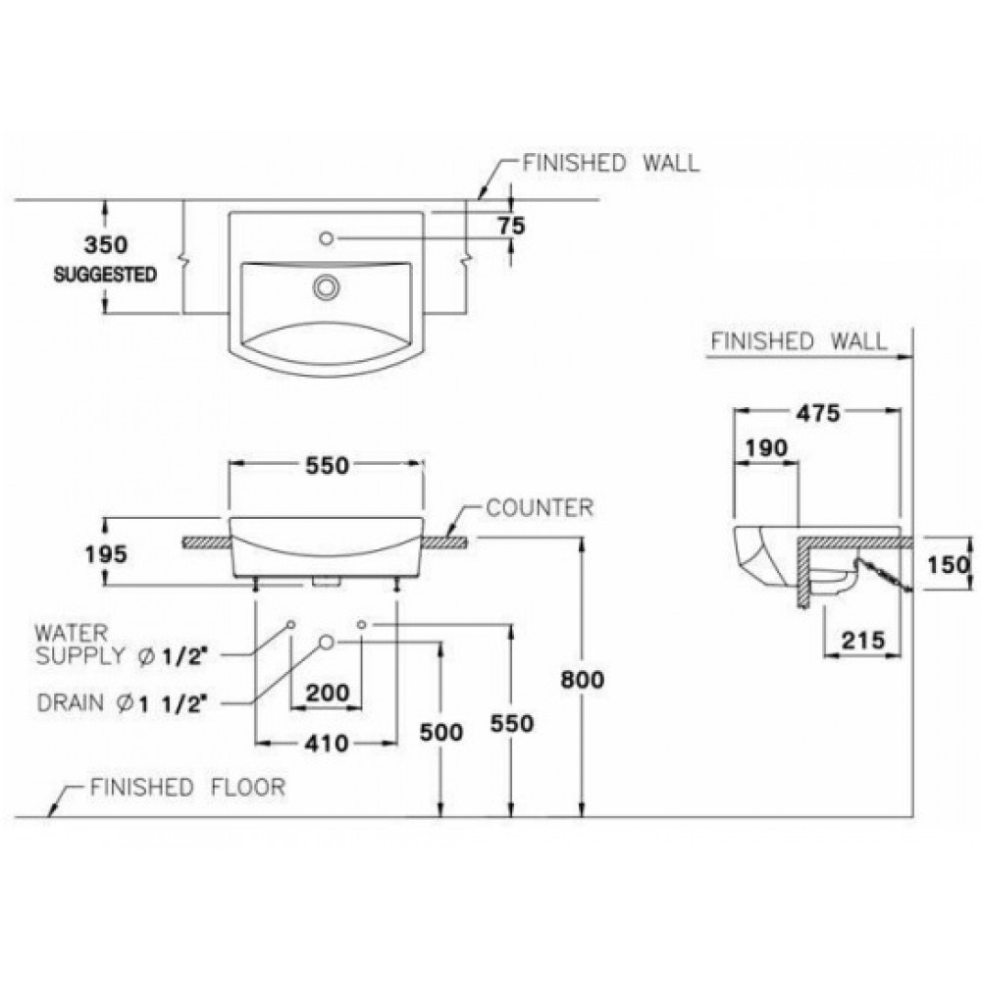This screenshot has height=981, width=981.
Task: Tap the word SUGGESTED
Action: click(105, 275)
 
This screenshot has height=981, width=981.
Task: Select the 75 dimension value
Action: click(510, 226)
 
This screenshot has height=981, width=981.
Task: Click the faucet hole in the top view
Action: click(327, 237)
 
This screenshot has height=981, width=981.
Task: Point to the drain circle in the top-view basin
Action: click(325, 285)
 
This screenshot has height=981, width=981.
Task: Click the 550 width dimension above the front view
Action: click(327, 466)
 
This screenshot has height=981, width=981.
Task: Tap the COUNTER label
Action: click(540, 508)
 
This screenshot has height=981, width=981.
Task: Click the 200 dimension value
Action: click(327, 693)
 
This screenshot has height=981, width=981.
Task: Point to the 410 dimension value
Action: click(327, 744)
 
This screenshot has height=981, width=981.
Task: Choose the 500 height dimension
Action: click(440, 732)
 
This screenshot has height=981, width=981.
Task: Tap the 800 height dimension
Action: click(583, 679)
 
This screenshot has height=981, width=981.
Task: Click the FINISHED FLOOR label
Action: click(186, 787)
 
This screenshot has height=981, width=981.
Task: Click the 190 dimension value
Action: click(767, 448)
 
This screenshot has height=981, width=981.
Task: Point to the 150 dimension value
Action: click(950, 564)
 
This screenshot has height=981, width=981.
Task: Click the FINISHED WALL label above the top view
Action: click(612, 163)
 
